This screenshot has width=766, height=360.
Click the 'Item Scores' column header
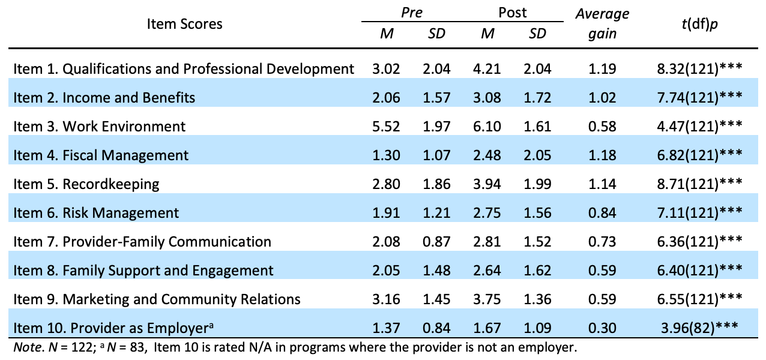point(184,24)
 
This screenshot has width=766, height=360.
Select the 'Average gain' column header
point(602,24)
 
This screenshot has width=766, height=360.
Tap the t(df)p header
point(700,24)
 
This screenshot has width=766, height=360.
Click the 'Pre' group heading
point(411,13)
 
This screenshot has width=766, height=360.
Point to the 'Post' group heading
point(513,13)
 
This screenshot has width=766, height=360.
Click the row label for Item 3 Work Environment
point(100,127)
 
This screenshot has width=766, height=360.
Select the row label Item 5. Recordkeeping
point(86,184)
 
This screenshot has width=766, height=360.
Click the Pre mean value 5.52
point(387,127)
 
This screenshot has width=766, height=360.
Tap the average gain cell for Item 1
point(602,69)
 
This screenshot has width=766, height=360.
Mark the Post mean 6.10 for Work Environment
point(487,127)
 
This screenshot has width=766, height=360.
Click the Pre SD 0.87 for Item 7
point(436,242)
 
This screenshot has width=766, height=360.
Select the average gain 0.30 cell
point(602,328)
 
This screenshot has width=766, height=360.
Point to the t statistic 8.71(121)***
point(700,184)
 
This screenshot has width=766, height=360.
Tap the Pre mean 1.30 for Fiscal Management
point(387,155)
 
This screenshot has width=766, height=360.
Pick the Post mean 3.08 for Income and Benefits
point(487,98)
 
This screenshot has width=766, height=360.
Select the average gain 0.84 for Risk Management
point(602,213)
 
